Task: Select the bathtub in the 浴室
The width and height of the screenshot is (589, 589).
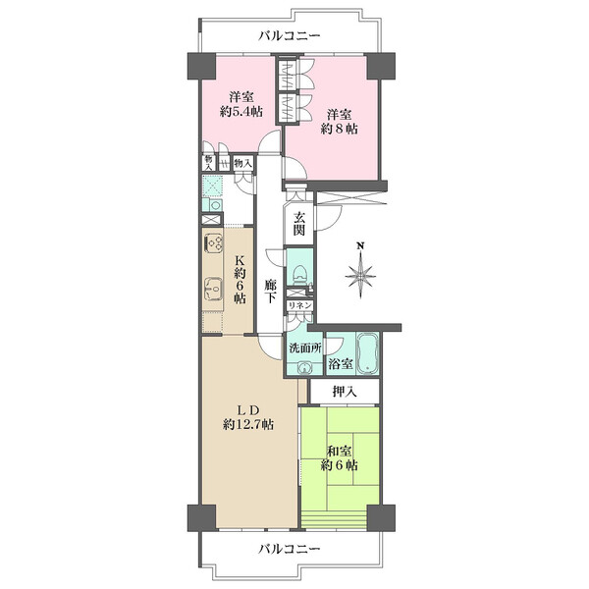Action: click(366, 353)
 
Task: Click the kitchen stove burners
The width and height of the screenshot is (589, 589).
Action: click(213, 243)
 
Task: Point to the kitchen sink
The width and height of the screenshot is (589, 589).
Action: click(213, 290)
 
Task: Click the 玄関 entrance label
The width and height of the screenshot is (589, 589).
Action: click(299, 224)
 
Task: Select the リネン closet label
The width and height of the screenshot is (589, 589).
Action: click(299, 305)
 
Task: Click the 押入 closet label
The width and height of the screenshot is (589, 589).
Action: click(345, 392)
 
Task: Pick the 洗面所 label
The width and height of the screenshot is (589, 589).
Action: click(304, 348)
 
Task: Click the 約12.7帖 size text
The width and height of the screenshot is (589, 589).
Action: click(248, 424)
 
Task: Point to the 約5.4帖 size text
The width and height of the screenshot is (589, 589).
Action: click(241, 112)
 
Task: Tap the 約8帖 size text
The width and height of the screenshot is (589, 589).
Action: click(339, 129)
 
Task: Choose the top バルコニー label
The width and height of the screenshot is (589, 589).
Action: click(290, 36)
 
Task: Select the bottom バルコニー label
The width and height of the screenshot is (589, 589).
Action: click(290, 549)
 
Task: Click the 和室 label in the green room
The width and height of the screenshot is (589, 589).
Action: click(339, 452)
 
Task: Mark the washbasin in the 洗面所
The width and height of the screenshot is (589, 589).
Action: click(303, 368)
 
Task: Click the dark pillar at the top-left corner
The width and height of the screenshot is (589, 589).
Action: click(201, 66)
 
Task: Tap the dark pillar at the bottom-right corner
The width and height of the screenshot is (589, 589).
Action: click(381, 517)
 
